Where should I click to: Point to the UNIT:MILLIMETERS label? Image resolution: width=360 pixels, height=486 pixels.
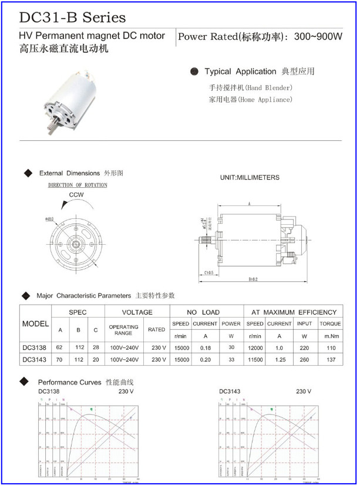tap(250, 177)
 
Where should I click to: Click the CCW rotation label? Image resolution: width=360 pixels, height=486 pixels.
tap(76, 195)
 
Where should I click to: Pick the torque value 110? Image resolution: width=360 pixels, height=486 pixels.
tap(330, 347)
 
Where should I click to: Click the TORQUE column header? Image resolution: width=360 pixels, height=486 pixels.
tap(330, 324)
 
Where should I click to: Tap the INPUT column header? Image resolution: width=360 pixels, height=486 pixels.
tap(304, 324)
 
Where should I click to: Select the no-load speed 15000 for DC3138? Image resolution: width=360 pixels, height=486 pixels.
tap(180, 347)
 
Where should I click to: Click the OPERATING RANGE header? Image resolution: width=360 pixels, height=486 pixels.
tap(123, 330)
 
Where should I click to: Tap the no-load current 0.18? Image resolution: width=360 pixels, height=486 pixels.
tap(205, 347)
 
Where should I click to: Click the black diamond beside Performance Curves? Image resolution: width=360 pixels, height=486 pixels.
tap(26, 383)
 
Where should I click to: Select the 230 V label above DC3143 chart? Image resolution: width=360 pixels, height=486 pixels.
tap(304, 392)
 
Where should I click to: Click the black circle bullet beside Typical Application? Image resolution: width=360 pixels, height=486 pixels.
tap(194, 72)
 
